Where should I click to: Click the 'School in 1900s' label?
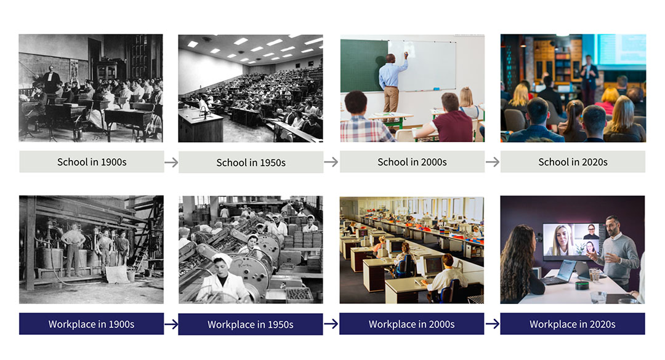[92, 162]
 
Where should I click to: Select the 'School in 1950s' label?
[251, 162]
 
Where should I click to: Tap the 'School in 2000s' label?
[412, 162]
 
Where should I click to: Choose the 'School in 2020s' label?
[573, 162]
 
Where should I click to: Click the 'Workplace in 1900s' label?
[91, 324]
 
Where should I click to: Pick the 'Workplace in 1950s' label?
[251, 324]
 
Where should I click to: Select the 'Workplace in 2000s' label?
[411, 324]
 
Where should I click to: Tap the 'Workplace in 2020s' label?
[572, 324]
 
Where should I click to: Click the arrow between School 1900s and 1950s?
[171, 162]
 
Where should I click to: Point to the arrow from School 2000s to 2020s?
[492, 162]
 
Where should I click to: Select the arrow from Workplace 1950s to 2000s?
[331, 324]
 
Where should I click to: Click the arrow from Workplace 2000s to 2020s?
[492, 324]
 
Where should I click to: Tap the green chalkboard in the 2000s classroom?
[363, 65]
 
